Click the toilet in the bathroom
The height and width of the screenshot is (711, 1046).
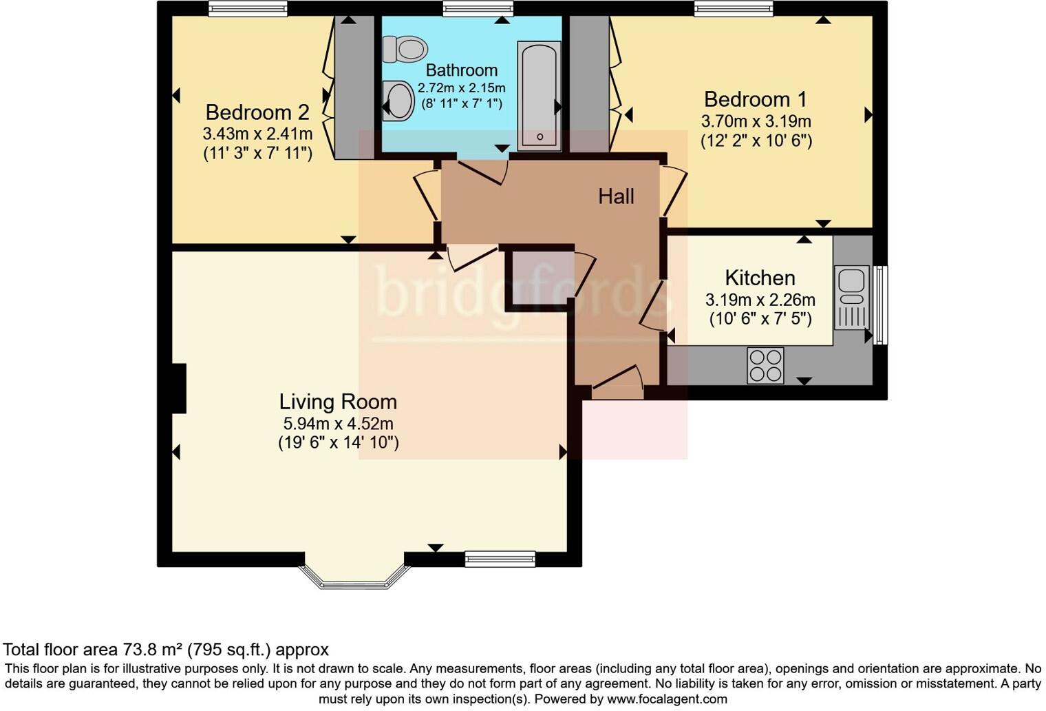(406, 49)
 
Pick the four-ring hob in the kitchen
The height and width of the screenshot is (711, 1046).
(765, 365)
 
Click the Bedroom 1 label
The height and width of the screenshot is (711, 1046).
(755, 99)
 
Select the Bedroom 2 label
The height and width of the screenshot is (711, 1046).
(257, 112)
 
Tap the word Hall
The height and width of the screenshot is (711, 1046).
(616, 196)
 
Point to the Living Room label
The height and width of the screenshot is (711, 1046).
(338, 402)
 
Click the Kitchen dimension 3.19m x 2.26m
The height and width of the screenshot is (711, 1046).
(760, 300)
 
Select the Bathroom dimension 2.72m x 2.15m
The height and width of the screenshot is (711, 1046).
(461, 88)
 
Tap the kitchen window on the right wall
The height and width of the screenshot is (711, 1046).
(880, 305)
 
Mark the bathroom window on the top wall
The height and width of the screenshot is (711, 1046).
(478, 8)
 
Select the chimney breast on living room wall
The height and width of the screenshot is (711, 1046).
(178, 389)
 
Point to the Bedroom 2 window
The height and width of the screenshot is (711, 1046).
(248, 8)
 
